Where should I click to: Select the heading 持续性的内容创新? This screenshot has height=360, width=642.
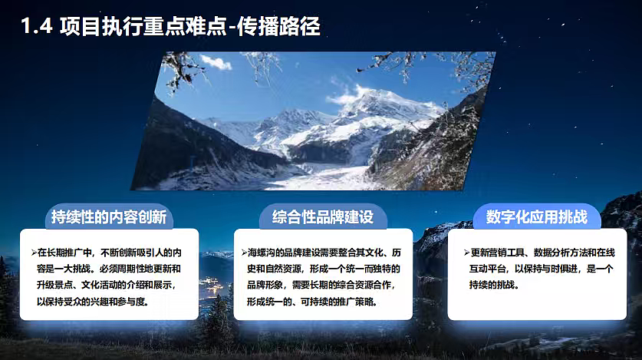pyautogui.click(x=108, y=216)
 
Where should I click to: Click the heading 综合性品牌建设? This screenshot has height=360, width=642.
pyautogui.click(x=322, y=216)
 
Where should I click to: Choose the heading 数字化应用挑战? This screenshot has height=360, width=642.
pyautogui.click(x=536, y=216)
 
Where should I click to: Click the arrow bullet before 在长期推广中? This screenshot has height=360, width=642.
pyautogui.click(x=34, y=253)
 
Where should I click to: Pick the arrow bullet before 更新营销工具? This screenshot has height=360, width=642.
pyautogui.click(x=466, y=253)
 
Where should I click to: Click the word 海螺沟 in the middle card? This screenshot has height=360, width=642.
pyautogui.click(x=262, y=253)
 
